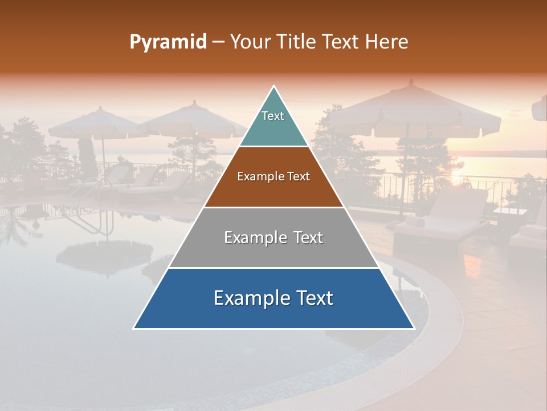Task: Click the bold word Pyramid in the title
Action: click(168, 42)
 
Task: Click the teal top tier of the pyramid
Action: click(273, 123)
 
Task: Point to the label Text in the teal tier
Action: click(273, 116)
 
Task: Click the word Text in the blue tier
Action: click(310, 298)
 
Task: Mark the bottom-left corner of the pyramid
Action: click(134, 328)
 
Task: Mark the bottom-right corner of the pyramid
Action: click(414, 328)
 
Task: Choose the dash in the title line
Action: click(218, 42)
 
